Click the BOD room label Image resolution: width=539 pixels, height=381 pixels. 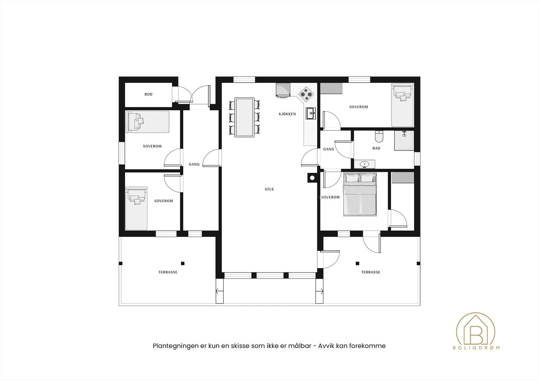point(148,94)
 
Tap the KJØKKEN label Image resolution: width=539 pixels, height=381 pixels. point(287,114)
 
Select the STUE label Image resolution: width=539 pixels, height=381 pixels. point(269,189)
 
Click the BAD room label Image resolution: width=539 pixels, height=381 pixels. point(376,148)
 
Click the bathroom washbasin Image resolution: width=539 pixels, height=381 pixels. point(364,165)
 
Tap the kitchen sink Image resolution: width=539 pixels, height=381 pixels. point(311,114)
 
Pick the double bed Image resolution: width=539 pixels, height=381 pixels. point(359,195)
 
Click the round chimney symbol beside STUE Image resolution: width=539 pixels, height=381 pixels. point(312,177)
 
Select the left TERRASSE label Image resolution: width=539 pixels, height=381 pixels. point(168,272)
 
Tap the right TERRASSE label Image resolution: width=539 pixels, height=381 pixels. point(371,272)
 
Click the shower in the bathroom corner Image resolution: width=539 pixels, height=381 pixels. point(404,140)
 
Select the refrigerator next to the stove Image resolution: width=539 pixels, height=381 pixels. point(283,90)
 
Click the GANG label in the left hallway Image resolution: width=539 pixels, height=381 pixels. point(194,164)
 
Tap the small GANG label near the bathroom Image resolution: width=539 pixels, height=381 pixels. point(328,149)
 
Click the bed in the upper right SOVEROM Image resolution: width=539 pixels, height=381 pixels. point(402,104)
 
